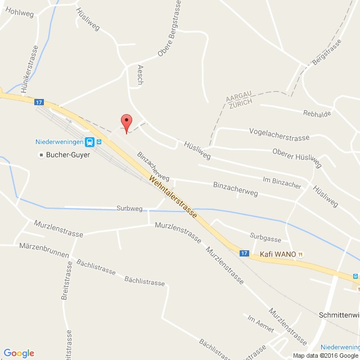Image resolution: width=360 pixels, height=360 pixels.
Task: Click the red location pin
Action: point(127,122)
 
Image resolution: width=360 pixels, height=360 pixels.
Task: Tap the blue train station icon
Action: point(89,141)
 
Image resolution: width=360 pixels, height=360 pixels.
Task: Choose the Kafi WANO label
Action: point(278,254)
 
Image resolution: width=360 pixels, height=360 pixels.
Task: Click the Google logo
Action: point(19,353)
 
